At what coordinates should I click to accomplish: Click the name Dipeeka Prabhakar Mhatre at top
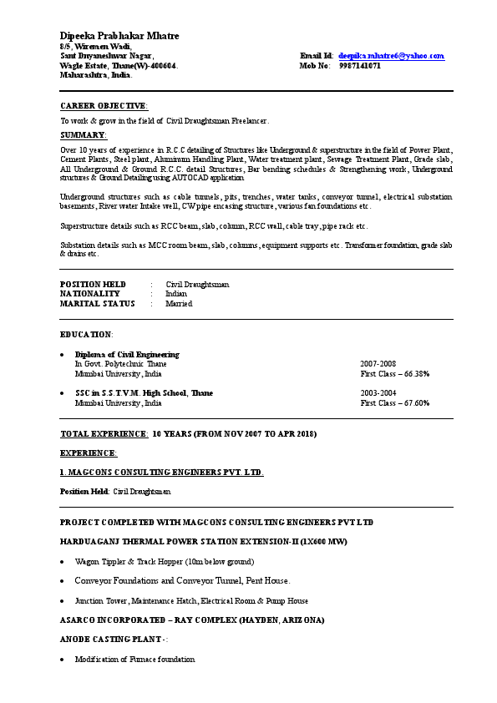(x=119, y=36)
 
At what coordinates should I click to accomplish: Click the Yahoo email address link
(x=391, y=56)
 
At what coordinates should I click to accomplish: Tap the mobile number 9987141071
(x=360, y=65)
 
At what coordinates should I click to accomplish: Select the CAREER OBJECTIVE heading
(x=104, y=106)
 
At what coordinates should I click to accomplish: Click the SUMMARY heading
(x=84, y=134)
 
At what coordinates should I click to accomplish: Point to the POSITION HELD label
(x=93, y=284)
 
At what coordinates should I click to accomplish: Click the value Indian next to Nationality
(x=176, y=294)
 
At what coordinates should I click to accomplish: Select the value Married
(x=179, y=304)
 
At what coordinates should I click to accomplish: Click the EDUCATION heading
(x=85, y=334)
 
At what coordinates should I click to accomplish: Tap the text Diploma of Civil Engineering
(x=127, y=355)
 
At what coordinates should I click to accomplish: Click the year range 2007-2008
(x=378, y=364)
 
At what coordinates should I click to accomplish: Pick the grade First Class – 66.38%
(x=394, y=374)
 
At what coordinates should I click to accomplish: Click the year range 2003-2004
(x=378, y=392)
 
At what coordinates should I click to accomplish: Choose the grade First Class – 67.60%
(x=394, y=402)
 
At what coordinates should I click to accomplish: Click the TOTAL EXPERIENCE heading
(x=104, y=434)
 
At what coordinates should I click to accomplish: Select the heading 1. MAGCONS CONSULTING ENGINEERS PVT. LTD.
(x=162, y=473)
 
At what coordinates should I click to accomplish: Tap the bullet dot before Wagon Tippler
(x=63, y=562)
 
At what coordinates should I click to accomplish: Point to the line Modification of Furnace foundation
(x=134, y=660)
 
